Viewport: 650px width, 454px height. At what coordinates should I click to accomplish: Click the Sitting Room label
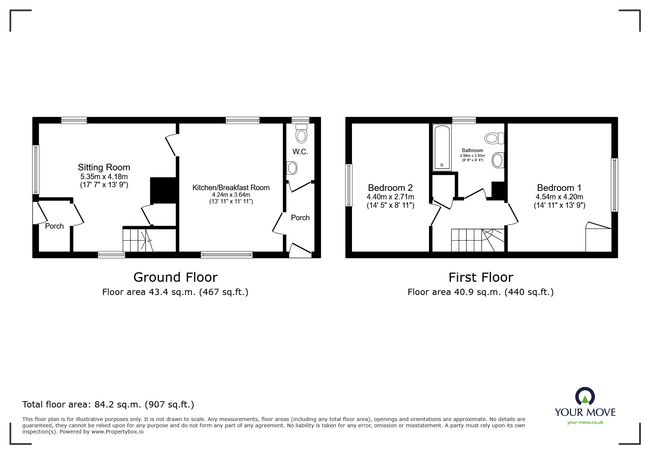click(x=104, y=167)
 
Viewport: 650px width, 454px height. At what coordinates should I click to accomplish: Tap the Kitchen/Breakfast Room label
click(x=231, y=188)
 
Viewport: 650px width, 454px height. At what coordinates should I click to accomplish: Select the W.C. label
click(x=300, y=152)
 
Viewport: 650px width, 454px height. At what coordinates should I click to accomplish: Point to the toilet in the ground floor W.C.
click(x=301, y=133)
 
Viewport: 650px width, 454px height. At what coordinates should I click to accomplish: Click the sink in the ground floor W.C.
click(x=293, y=168)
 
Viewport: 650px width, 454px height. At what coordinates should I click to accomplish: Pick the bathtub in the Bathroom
click(x=442, y=147)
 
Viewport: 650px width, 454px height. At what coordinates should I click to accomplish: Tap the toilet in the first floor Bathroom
click(x=494, y=139)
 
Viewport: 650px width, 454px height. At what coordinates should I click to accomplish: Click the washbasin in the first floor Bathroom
click(x=498, y=160)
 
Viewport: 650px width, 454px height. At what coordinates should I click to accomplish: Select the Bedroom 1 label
click(x=559, y=188)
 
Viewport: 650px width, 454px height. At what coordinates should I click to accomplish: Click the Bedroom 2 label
click(x=391, y=188)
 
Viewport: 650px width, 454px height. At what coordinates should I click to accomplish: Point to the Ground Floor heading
click(x=175, y=277)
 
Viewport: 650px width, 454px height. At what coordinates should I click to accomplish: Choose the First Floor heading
click(x=481, y=277)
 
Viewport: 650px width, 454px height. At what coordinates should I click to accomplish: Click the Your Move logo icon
click(x=585, y=396)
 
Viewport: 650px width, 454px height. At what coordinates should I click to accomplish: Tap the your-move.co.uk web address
click(x=585, y=422)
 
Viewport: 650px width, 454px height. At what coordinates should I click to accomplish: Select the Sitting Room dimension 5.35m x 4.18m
click(x=104, y=177)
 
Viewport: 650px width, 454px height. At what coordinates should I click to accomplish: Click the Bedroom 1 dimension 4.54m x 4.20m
click(x=559, y=197)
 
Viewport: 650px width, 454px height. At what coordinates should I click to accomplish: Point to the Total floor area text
click(x=108, y=405)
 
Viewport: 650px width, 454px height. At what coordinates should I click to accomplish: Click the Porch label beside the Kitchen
click(x=300, y=218)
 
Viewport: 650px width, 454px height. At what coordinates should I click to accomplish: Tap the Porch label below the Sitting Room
click(x=54, y=226)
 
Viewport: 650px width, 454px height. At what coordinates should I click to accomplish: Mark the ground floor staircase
click(x=138, y=240)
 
